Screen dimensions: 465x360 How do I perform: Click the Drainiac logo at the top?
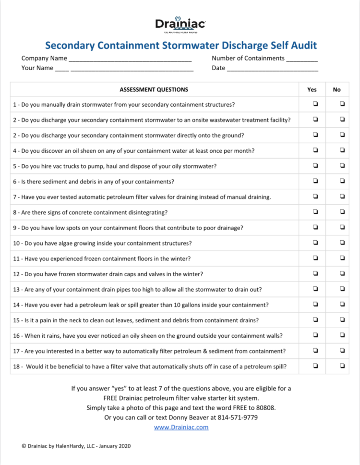pyautogui.click(x=180, y=24)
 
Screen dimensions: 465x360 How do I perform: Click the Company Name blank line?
pyautogui.click(x=130, y=59)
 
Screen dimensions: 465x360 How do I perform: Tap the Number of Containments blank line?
pyautogui.click(x=302, y=59)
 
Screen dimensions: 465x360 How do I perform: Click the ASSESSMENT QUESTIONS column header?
pyautogui.click(x=154, y=89)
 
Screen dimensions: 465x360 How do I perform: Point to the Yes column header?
pyautogui.click(x=312, y=89)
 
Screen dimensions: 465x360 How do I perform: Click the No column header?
pyautogui.click(x=336, y=89)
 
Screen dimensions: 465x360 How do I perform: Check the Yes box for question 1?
pyautogui.click(x=315, y=104)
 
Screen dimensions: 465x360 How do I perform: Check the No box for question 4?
pyautogui.click(x=342, y=150)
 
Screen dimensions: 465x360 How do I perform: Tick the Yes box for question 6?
pyautogui.click(x=315, y=181)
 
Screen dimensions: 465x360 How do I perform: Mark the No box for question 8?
pyautogui.click(x=342, y=211)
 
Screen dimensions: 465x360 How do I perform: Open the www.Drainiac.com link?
pyautogui.click(x=181, y=427)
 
